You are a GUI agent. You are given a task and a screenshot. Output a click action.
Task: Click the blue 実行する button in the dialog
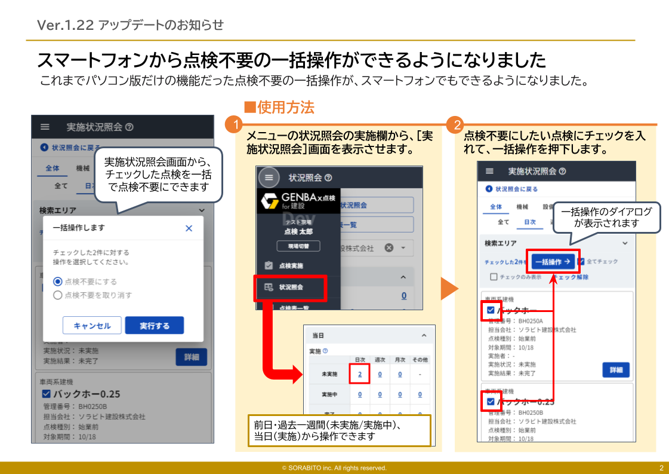tap(155, 326)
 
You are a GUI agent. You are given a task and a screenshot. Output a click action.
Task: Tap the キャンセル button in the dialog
tap(92, 326)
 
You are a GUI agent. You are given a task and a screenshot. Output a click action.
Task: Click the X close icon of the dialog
tap(189, 228)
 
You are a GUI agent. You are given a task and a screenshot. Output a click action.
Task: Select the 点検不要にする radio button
tap(58, 282)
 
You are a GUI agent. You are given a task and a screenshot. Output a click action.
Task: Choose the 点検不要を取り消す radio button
tap(58, 295)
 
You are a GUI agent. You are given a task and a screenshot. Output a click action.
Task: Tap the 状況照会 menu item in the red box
tap(291, 288)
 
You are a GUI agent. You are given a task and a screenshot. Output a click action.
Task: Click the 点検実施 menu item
tap(291, 265)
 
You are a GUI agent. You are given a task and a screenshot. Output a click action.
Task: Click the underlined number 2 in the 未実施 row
tap(360, 374)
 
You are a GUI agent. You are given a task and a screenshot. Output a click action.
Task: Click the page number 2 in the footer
tap(661, 468)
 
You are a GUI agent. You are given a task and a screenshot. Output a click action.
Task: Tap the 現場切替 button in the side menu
tap(298, 246)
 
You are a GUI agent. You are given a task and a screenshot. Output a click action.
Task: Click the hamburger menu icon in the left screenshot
tap(45, 127)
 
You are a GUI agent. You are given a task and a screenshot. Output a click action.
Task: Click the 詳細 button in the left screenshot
tap(191, 357)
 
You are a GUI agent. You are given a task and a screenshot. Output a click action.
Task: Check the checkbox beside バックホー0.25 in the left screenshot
tap(47, 394)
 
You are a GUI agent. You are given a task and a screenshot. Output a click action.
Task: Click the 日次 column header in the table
tap(360, 360)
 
